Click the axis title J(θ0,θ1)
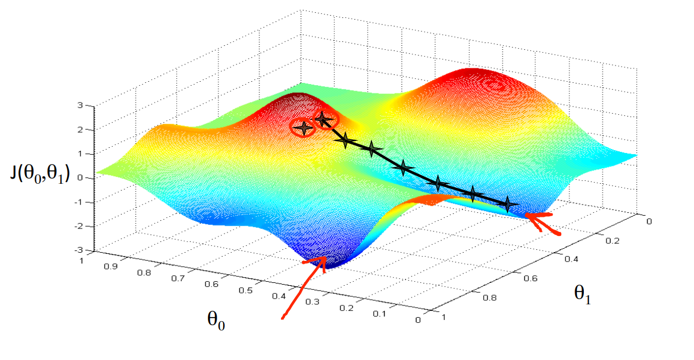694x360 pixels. (x=39, y=173)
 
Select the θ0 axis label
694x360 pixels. (x=215, y=319)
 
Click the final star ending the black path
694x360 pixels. (x=508, y=203)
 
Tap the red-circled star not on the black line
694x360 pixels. (x=302, y=128)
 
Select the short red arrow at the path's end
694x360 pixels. (x=543, y=223)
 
